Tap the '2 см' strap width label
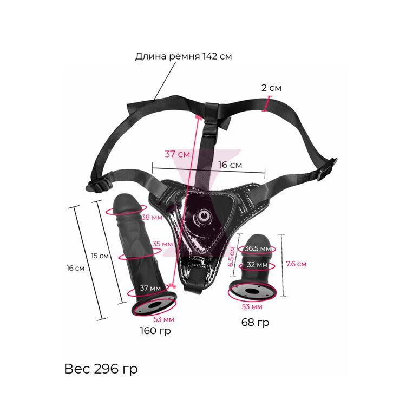tap(271, 88)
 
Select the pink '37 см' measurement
tap(177, 154)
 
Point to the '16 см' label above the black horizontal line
tap(230, 164)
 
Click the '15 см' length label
tap(100, 255)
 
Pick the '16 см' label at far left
tap(75, 268)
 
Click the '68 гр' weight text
tap(254, 323)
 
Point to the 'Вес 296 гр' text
tap(101, 369)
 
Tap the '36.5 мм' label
tap(258, 248)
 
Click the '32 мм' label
tap(256, 265)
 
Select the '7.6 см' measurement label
tap(296, 264)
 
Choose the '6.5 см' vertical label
tap(232, 257)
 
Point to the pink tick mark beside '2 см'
tap(266, 103)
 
